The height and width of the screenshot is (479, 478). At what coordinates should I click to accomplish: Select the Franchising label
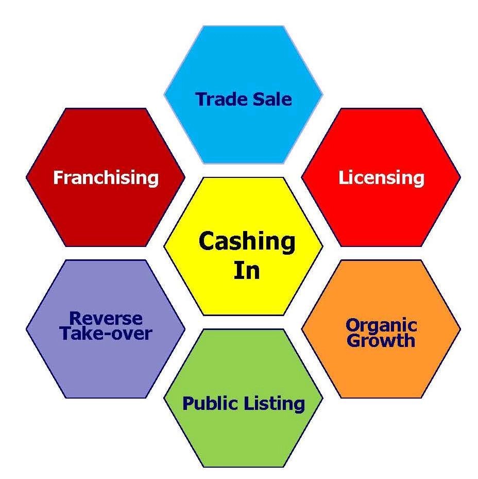coord(106,178)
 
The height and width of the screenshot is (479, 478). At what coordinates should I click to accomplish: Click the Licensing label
coord(381,178)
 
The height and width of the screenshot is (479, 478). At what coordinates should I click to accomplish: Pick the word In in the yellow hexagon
coord(247,271)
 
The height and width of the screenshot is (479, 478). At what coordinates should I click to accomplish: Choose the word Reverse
coord(106,319)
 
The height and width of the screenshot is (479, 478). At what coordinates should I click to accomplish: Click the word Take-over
coord(106,334)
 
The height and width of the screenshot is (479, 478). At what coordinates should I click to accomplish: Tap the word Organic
coord(381,325)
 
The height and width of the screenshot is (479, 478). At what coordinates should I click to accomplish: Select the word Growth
coord(381,340)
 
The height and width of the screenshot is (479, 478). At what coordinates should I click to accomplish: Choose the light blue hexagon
coord(243,57)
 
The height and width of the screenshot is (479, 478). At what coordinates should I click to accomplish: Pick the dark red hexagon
coord(106,217)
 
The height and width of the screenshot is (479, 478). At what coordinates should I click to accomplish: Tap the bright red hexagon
coord(381,217)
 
